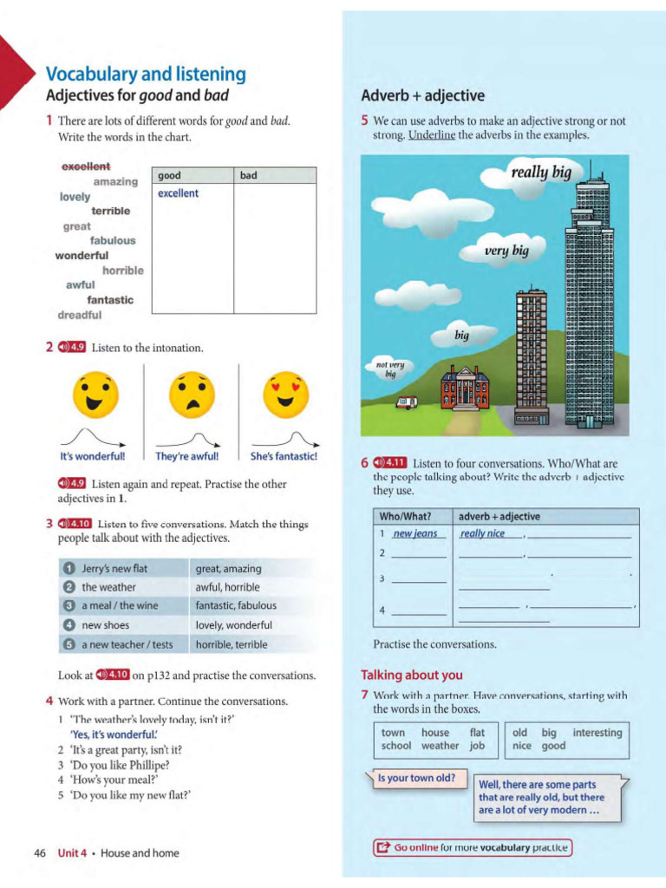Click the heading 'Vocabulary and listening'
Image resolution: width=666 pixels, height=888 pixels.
click(x=145, y=75)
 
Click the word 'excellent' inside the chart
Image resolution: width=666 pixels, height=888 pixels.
click(x=178, y=193)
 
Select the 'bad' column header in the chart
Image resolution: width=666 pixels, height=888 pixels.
click(x=249, y=175)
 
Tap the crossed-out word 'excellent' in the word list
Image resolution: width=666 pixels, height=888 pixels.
click(x=86, y=166)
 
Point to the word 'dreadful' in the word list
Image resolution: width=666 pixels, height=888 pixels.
click(x=80, y=315)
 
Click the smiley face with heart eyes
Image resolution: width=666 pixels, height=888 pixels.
click(x=285, y=394)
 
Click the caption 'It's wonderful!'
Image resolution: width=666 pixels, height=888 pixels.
click(x=92, y=456)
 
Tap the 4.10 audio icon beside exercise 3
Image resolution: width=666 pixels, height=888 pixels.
click(x=75, y=524)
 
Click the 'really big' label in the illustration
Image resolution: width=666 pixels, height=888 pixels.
click(x=540, y=173)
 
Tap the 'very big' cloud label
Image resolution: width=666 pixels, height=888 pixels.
click(x=506, y=251)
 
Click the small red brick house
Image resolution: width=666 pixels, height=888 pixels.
click(x=465, y=388)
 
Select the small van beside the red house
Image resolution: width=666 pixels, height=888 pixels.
click(x=407, y=402)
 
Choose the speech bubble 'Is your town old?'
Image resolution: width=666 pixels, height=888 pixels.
click(x=415, y=778)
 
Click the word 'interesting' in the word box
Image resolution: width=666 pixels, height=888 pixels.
click(x=597, y=733)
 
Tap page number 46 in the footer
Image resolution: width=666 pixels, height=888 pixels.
click(x=40, y=853)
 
